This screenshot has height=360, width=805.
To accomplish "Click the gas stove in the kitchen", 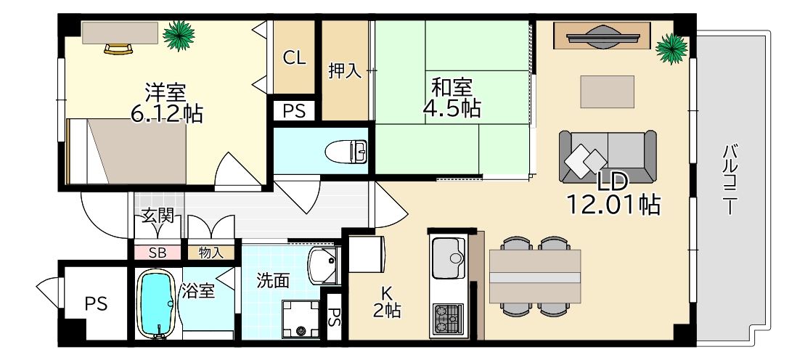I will click(448, 318).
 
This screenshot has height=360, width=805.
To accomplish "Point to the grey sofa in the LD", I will click(608, 157).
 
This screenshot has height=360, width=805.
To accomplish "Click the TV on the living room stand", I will click(602, 36).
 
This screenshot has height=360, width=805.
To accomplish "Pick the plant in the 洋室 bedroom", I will click(178, 34).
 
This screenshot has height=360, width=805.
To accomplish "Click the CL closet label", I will click(294, 59).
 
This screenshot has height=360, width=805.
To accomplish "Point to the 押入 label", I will click(345, 71).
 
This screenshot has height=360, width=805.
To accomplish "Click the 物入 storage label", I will click(211, 253).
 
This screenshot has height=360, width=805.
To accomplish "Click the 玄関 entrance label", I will click(157, 216).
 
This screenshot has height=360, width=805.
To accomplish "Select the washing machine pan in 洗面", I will click(301, 319).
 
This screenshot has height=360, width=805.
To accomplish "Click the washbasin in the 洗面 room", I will click(323, 265).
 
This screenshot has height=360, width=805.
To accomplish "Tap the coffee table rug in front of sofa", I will click(607, 91).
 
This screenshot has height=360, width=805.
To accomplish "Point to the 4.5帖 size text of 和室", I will click(451, 109).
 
